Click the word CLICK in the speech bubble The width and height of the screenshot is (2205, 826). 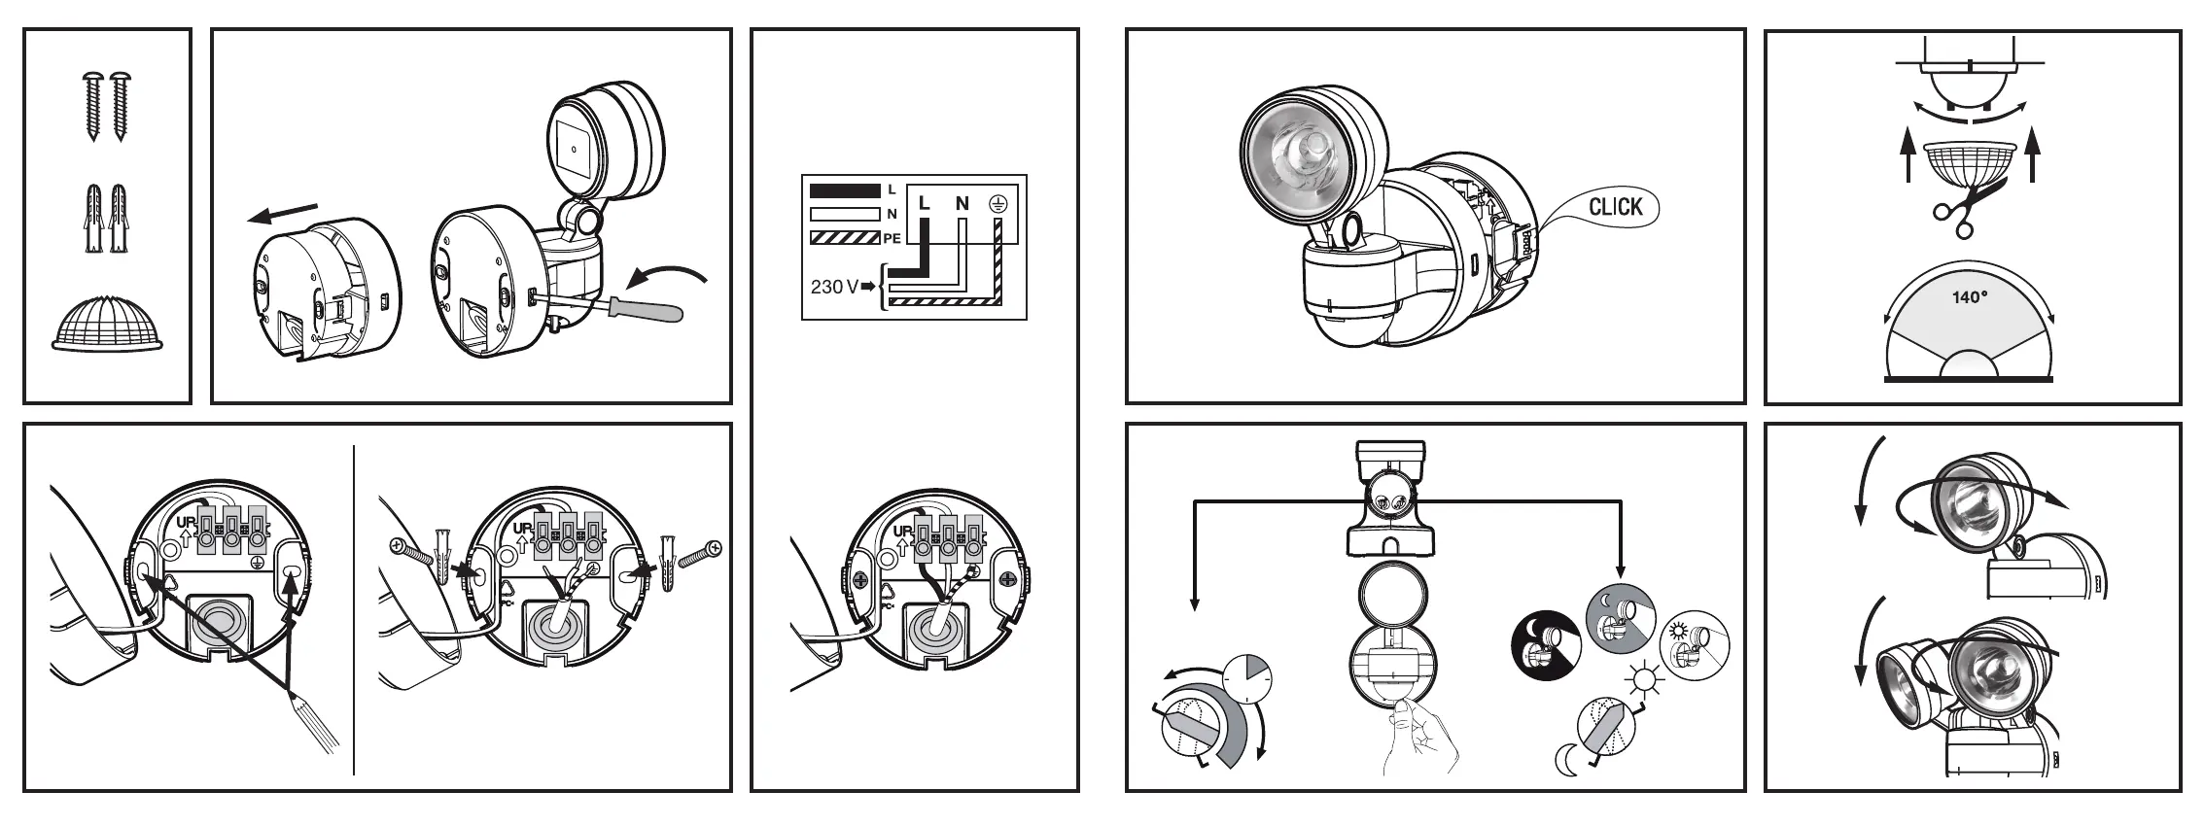(x=1615, y=206)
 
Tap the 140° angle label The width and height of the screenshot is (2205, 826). (x=1970, y=298)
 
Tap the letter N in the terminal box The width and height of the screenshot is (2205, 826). (x=962, y=203)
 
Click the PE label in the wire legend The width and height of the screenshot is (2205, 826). (x=892, y=238)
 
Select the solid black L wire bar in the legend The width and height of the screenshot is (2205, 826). (x=845, y=189)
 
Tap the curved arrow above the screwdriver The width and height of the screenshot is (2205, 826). (x=665, y=274)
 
